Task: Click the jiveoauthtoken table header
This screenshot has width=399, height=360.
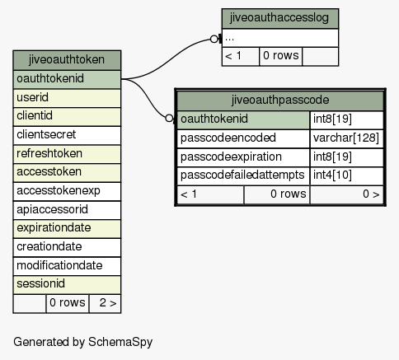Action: [67, 60]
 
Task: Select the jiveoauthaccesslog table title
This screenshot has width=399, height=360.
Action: [280, 18]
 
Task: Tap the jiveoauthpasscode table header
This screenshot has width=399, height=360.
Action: [280, 101]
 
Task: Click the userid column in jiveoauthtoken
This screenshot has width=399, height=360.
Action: [67, 98]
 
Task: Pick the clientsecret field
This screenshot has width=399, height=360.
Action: [67, 135]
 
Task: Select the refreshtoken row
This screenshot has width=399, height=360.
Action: [67, 154]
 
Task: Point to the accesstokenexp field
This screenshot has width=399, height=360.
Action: [67, 191]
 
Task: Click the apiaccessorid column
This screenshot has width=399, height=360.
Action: [67, 210]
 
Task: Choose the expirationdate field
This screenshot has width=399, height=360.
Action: [67, 228]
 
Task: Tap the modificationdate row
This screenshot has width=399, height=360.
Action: [67, 266]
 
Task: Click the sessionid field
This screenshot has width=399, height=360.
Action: [67, 284]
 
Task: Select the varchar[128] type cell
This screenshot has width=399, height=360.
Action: [346, 138]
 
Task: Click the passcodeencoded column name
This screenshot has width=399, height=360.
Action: [243, 138]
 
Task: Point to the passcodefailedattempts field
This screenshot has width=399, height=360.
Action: [243, 175]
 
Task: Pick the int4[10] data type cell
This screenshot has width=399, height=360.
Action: [346, 175]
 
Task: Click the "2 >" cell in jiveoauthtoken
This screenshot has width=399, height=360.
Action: [105, 303]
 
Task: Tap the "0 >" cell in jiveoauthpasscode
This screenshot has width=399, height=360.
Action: [346, 194]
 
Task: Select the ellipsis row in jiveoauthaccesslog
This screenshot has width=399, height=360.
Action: [280, 38]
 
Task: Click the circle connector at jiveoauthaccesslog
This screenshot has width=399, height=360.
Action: [214, 40]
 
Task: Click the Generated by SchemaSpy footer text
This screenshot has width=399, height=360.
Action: [82, 342]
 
